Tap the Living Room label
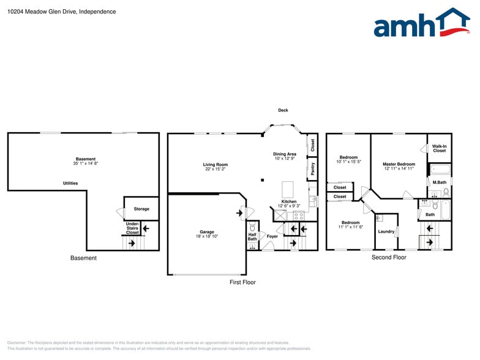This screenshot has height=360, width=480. tap(216, 164)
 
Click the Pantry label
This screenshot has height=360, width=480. tap(313, 169)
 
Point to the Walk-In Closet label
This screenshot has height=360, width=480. tap(439, 148)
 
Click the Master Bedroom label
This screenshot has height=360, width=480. tap(399, 164)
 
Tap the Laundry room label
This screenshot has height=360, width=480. tap(386, 231)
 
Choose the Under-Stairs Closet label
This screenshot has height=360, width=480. tap(132, 228)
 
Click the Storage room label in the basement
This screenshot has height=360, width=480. tap(141, 209)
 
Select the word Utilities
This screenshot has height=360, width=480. tap(70, 183)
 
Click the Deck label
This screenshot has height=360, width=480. tap(283, 110)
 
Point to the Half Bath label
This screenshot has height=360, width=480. tap(252, 236)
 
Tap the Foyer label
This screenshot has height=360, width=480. tap(272, 236)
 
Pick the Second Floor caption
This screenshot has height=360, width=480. tap(389, 258)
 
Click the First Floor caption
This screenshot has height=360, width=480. tap(242, 282)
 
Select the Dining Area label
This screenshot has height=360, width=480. tap(285, 154)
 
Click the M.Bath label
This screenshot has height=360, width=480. tap(439, 182)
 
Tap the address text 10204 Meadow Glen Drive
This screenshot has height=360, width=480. tap(42, 12)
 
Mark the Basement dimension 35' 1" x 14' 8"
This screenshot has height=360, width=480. tap(86, 163)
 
